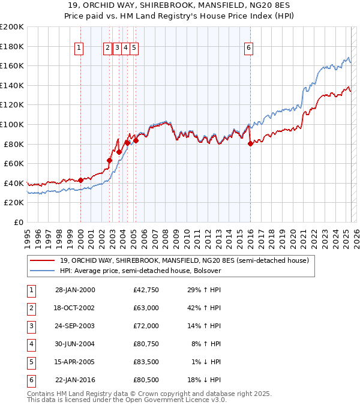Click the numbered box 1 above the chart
pyautogui.click(x=80, y=49)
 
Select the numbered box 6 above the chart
pyautogui.click(x=248, y=49)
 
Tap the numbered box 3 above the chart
pyautogui.click(x=117, y=49)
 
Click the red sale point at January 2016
pyautogui.click(x=250, y=143)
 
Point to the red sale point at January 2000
pyautogui.click(x=80, y=180)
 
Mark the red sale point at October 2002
pyautogui.click(x=110, y=160)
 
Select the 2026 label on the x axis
pyautogui.click(x=356, y=235)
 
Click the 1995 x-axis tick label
pyautogui.click(x=28, y=235)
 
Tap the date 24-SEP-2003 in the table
pyautogui.click(x=74, y=326)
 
